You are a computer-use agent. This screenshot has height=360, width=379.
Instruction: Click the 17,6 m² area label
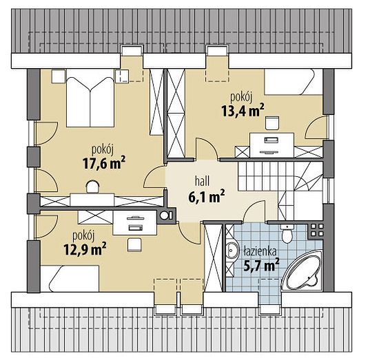104,162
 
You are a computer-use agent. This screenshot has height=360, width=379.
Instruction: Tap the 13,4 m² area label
243,110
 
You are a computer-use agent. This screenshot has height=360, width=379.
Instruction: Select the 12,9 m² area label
85,249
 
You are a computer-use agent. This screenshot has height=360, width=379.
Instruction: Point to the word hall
203,181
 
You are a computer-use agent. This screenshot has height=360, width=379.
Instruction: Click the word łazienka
260,251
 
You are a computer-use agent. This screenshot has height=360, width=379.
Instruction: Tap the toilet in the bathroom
287,234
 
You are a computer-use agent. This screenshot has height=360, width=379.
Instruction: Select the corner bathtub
303,271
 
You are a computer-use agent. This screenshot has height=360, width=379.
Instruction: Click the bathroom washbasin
232,250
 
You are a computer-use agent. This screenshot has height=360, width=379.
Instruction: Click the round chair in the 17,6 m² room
93,187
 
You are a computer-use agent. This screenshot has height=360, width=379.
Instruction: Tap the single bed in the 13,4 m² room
294,82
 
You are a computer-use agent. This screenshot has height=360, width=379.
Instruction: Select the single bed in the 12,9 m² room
70,278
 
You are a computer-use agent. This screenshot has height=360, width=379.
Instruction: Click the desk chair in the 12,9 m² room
134,244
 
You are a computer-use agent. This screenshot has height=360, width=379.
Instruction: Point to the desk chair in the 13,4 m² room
272,123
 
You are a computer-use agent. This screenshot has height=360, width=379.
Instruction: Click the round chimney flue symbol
165,215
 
